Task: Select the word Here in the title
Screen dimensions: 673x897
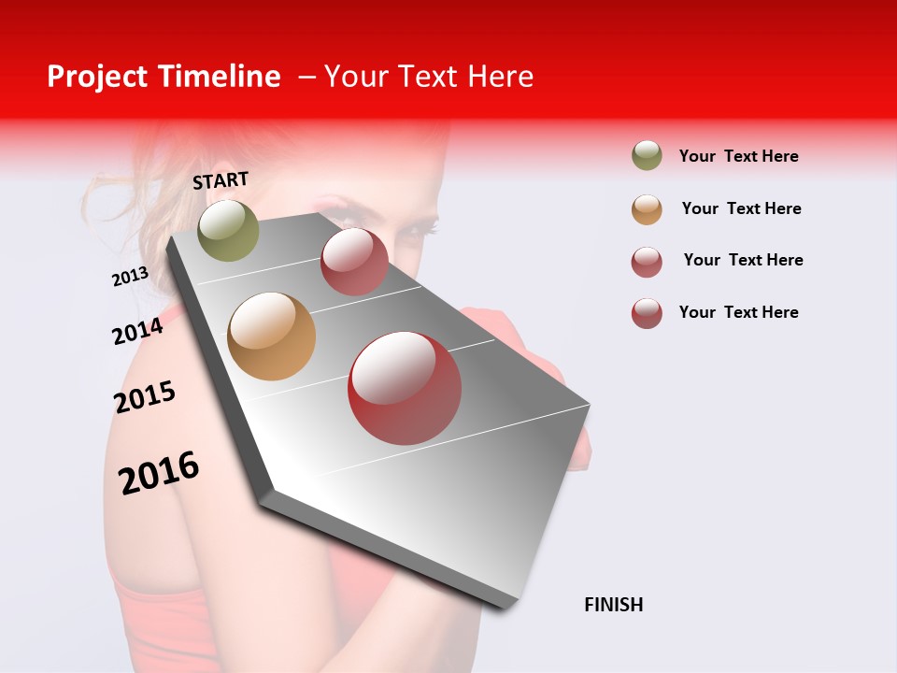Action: point(500,77)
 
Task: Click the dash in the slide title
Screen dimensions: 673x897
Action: point(306,77)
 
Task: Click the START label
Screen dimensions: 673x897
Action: point(221,180)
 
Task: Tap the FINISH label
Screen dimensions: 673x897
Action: point(613,605)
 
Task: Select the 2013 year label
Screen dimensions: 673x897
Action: point(130,277)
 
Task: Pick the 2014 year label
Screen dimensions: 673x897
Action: point(137,331)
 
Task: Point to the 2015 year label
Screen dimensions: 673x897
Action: point(145,397)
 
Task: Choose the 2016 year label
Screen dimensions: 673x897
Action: point(159,472)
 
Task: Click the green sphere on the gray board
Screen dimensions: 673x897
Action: point(228,230)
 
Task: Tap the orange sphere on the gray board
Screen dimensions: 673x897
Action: point(271,336)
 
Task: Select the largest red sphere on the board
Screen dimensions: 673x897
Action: point(405,388)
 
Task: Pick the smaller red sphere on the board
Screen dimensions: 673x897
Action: point(354,261)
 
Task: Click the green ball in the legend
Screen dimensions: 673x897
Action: point(647,155)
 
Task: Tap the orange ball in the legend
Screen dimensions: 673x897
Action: point(647,209)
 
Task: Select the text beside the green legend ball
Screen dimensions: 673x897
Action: point(738,156)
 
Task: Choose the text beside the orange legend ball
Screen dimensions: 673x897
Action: point(741,208)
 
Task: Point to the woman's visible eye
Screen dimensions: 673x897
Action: point(417,227)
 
